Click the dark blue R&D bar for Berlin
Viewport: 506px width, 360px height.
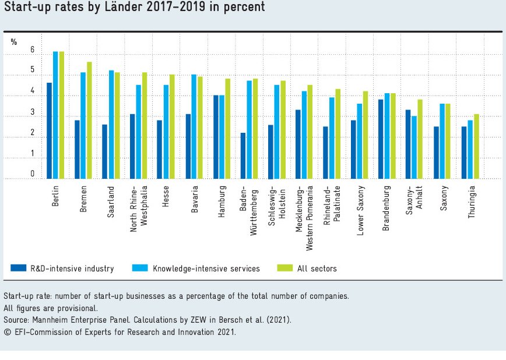[50, 130]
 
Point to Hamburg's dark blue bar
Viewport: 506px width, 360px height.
[215, 137]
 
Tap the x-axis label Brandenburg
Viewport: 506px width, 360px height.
[386, 200]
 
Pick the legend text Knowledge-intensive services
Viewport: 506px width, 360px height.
[206, 269]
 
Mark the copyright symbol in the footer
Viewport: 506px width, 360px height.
[7, 332]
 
